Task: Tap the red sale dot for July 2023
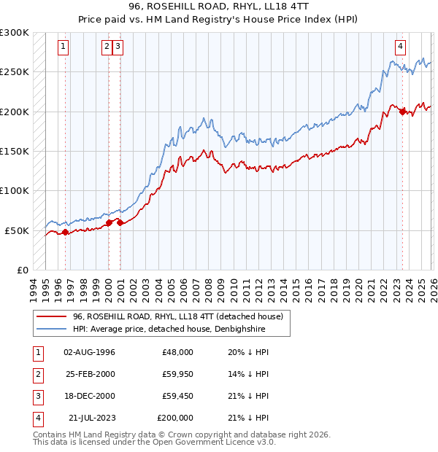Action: click(402, 112)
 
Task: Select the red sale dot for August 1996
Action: click(65, 232)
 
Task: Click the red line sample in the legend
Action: click(53, 316)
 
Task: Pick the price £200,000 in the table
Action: click(175, 418)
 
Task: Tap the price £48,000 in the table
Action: click(177, 352)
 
